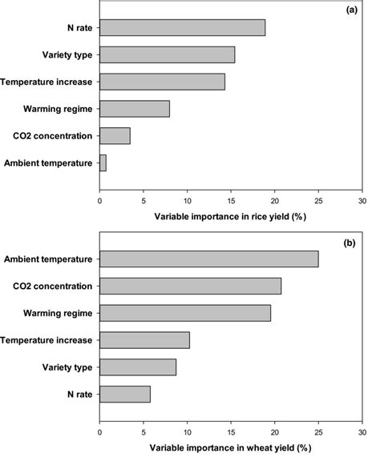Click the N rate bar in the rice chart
point(182,27)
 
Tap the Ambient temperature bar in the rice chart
point(103,163)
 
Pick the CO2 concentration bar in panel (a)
point(115,136)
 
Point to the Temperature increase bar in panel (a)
point(162,82)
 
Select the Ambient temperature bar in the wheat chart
point(208,259)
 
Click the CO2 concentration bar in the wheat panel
point(190,286)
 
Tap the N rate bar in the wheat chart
point(124,394)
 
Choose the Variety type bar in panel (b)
point(137,367)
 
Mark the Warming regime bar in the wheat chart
point(185,313)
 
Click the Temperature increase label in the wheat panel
point(48,340)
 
